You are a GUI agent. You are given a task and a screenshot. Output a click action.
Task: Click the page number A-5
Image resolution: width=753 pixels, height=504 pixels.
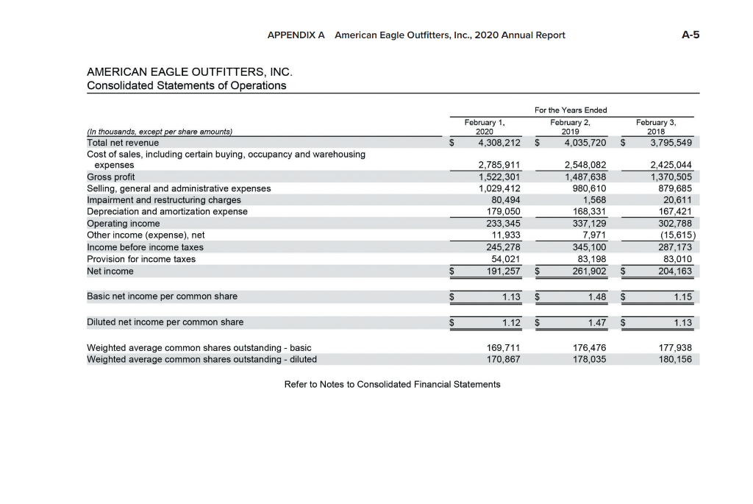[x=690, y=35]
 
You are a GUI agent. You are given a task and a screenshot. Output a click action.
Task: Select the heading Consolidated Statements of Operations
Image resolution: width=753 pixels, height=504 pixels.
[x=186, y=85]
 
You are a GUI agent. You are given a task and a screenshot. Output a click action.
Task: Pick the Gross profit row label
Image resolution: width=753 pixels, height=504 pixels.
[x=111, y=177]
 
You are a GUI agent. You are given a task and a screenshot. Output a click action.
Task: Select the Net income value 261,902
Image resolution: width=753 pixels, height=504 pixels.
[x=585, y=271]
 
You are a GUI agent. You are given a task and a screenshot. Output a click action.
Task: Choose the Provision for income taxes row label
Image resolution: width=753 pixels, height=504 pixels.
[x=141, y=259]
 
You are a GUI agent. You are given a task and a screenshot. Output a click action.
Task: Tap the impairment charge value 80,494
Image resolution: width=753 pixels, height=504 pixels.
[x=505, y=200]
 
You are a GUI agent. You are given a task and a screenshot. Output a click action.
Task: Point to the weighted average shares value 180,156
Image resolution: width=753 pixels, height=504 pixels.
[x=674, y=360]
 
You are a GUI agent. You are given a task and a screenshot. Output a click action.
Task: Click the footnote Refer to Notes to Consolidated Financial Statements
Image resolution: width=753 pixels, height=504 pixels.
[x=392, y=384]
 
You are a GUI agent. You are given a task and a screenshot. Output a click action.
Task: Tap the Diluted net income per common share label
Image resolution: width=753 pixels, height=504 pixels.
[x=165, y=322]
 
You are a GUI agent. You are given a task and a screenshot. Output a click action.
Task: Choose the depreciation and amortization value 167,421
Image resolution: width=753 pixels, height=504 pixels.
[x=674, y=212]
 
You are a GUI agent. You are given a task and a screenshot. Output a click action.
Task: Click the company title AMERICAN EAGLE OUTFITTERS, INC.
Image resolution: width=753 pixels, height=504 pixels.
[x=190, y=72]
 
